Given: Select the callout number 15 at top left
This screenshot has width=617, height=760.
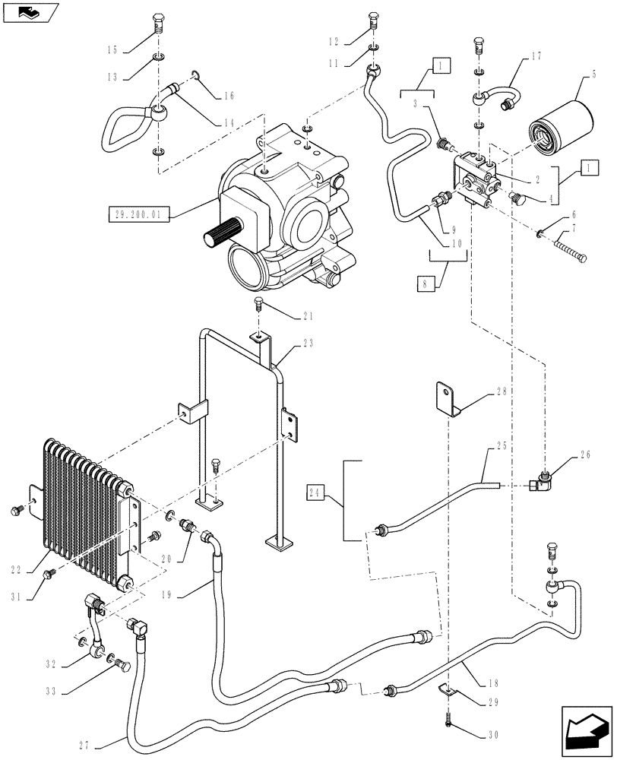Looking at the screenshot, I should pos(112,49).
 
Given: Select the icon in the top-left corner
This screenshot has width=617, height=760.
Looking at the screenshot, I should pos(29,12).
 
